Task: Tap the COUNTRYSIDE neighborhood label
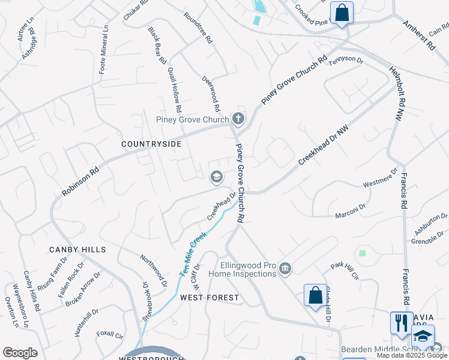151,144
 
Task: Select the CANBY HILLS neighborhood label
77,250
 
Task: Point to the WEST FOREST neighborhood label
209,298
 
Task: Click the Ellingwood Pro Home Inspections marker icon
285,269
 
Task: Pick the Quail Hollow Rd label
175,90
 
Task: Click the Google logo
20,353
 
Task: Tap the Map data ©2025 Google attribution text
412,355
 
